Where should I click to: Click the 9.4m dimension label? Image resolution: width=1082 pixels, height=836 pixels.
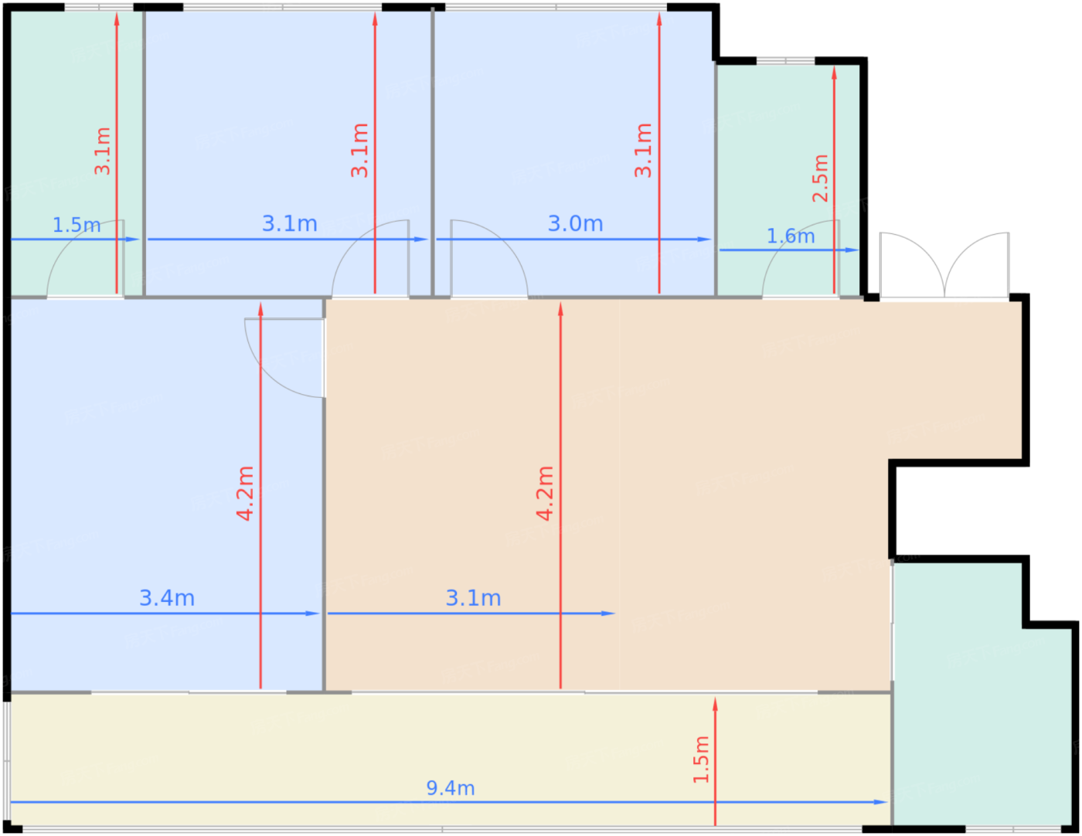click(x=450, y=788)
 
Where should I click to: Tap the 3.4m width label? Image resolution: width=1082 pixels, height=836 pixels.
click(x=167, y=598)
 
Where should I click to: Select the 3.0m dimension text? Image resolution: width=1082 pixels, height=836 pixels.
click(x=575, y=224)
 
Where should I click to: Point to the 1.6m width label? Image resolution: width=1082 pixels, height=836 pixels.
click(x=791, y=236)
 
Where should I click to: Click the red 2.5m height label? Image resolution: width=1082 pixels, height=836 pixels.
click(x=820, y=178)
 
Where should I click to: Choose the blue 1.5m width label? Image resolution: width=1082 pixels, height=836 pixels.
click(x=77, y=226)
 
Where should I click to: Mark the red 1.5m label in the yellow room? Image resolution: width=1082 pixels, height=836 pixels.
click(x=701, y=760)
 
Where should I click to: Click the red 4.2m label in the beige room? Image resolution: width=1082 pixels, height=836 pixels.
click(x=544, y=494)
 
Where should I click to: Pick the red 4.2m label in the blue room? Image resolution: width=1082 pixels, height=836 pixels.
click(x=244, y=494)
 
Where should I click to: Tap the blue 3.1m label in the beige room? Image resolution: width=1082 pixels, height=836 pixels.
click(x=473, y=598)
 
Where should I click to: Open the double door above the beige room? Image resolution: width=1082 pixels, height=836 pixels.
click(x=944, y=266)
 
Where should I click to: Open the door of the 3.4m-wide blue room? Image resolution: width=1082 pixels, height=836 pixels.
click(x=285, y=358)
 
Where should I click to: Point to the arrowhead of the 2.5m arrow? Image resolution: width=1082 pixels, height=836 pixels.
click(x=834, y=73)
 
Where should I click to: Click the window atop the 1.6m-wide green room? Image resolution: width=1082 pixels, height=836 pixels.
click(x=785, y=61)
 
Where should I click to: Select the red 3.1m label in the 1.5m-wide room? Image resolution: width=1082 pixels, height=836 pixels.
click(x=103, y=151)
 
